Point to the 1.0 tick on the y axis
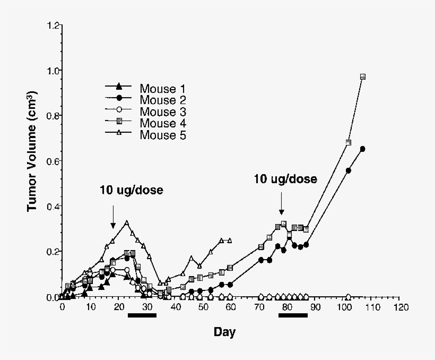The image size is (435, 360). pyautogui.click(x=53, y=70)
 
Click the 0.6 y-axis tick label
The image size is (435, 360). pyautogui.click(x=53, y=161)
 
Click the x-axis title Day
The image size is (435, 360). pyautogui.click(x=224, y=333)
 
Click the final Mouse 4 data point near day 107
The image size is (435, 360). pyautogui.click(x=363, y=77)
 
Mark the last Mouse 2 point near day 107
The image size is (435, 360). pyautogui.click(x=362, y=149)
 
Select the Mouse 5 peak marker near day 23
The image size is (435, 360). pyautogui.click(x=126, y=223)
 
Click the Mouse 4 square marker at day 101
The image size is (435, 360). pyautogui.click(x=349, y=142)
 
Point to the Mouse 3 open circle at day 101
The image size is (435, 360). pyautogui.click(x=349, y=296)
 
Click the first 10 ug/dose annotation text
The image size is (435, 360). pyautogui.click(x=131, y=190)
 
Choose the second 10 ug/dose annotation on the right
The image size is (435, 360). pyautogui.click(x=285, y=179)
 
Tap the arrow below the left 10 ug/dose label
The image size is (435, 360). pyautogui.click(x=112, y=217)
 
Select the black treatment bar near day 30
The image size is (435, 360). pyautogui.click(x=142, y=315)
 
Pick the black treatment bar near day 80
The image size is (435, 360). pyautogui.click(x=293, y=315)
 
